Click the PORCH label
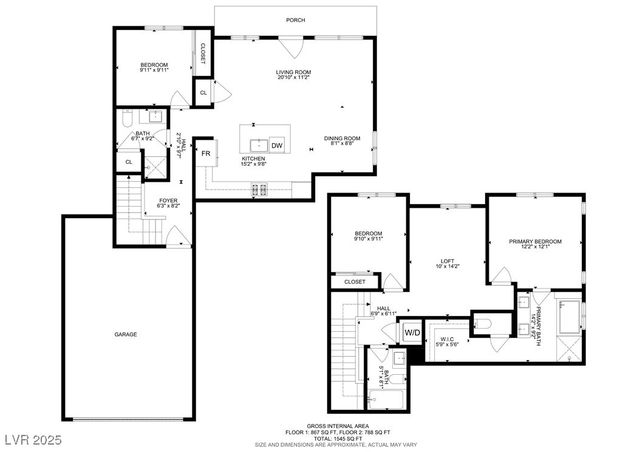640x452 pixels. pyautogui.click(x=295, y=20)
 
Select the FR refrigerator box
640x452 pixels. pyautogui.click(x=206, y=153)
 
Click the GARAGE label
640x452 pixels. pyautogui.click(x=125, y=334)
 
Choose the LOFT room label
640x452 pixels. pyautogui.click(x=447, y=262)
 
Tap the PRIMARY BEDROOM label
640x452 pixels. pyautogui.click(x=534, y=241)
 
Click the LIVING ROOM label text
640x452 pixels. pyautogui.click(x=295, y=73)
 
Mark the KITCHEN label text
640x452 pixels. pyautogui.click(x=253, y=160)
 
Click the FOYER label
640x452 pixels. pyautogui.click(x=168, y=201)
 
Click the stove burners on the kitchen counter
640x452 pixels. pyautogui.click(x=259, y=187)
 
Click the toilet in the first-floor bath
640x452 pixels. pyautogui.click(x=128, y=120)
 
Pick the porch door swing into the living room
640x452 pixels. pyautogui.click(x=291, y=46)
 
